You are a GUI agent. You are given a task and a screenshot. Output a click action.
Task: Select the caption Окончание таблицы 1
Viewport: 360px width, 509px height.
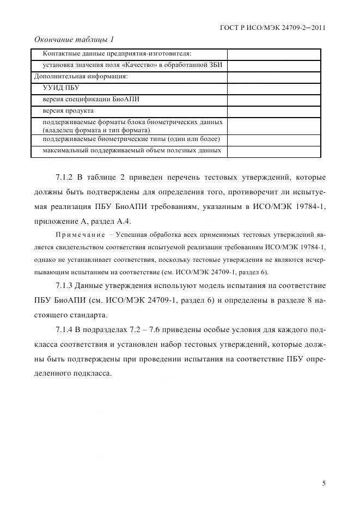click(74, 40)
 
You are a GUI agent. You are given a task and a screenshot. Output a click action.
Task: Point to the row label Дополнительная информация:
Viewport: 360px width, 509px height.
click(81, 76)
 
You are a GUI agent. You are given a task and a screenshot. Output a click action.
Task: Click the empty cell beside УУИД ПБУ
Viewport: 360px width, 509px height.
click(273, 88)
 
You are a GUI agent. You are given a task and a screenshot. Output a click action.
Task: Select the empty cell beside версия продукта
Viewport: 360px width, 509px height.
click(273, 111)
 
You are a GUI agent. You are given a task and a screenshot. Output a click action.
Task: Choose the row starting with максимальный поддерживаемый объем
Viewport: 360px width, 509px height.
click(131, 151)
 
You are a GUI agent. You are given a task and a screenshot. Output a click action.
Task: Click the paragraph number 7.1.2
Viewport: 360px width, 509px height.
click(66, 177)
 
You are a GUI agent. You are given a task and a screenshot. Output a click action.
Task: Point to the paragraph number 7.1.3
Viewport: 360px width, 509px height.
click(66, 286)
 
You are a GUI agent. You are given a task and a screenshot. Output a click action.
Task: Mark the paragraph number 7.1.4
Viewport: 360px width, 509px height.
click(66, 330)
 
